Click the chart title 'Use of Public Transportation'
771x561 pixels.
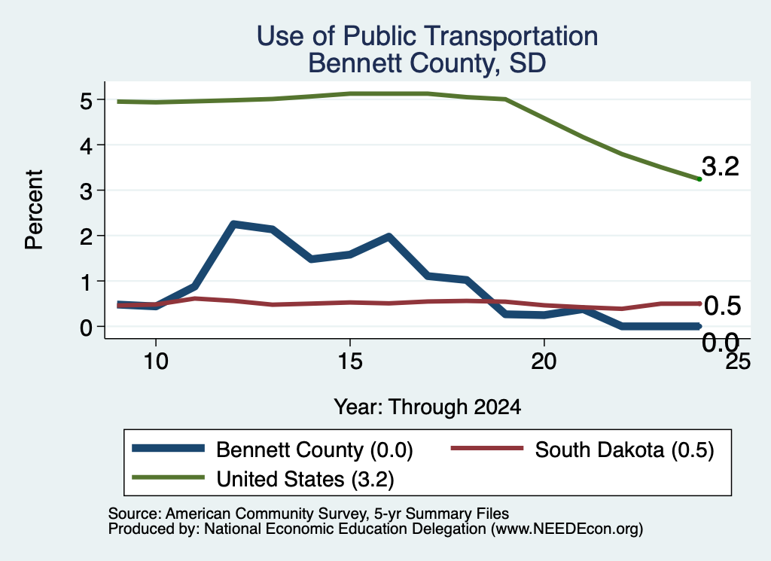click(428, 36)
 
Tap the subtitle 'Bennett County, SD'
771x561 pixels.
click(427, 63)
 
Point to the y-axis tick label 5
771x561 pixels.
click(86, 100)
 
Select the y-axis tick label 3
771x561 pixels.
click(86, 191)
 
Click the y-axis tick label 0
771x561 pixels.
click(86, 327)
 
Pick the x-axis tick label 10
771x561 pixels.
click(156, 361)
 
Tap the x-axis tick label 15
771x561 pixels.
click(350, 361)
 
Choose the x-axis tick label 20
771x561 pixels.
click(544, 361)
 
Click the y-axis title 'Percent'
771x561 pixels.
click(34, 210)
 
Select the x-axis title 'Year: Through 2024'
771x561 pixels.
click(428, 407)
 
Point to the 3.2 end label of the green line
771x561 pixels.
click(721, 166)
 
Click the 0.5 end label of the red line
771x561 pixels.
click(722, 306)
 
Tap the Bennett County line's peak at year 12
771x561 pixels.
click(233, 224)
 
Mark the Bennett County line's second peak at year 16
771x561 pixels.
click(389, 236)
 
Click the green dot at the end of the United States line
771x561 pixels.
click(699, 179)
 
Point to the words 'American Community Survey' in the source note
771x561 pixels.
click(267, 514)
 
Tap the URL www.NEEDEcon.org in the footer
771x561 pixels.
click(567, 529)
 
